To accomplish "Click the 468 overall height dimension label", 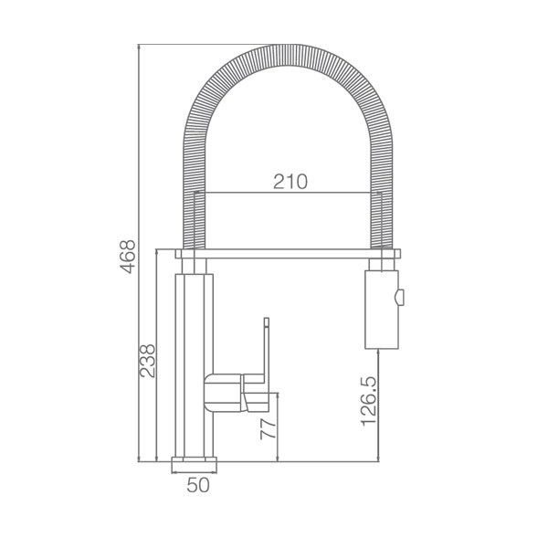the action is (x=128, y=257).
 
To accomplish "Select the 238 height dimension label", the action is (x=147, y=361).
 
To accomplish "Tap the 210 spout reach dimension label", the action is (x=290, y=182).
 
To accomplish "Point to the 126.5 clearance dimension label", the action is (x=369, y=401).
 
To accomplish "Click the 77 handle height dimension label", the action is (x=269, y=429).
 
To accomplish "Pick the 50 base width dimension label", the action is (x=198, y=485).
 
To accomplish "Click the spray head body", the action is (x=381, y=310).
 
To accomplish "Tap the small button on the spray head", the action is (x=399, y=298).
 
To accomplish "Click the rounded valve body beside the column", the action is (x=223, y=393).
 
